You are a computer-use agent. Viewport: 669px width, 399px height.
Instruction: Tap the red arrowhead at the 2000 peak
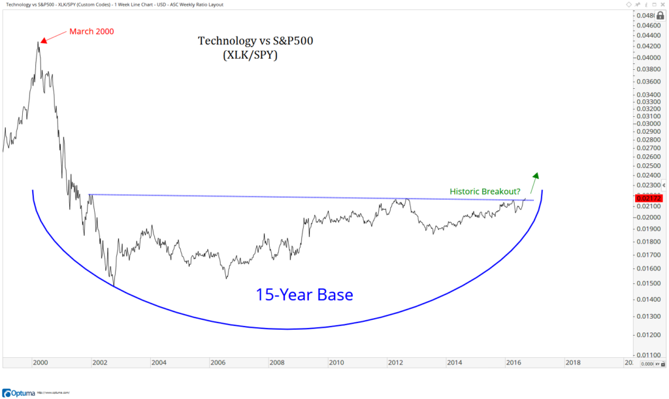[x=41, y=42]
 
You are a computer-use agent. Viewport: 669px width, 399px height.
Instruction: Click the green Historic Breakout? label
[x=485, y=191]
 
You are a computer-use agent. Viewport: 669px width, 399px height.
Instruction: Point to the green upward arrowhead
[x=536, y=175]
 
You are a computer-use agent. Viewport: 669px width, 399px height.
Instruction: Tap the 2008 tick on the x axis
[x=276, y=362]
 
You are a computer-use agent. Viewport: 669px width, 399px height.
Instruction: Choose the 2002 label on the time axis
[x=99, y=362]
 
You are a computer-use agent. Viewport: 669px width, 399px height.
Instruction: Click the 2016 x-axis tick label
[x=513, y=362]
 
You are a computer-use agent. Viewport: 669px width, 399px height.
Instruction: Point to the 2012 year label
[x=395, y=362]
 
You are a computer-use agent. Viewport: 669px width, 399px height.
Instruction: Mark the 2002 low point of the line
[x=113, y=286]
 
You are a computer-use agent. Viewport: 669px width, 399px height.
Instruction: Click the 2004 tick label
[x=158, y=362]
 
